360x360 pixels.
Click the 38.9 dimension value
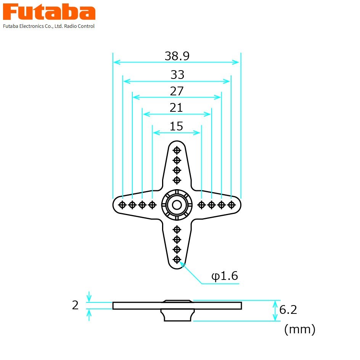pyautogui.click(x=177, y=56)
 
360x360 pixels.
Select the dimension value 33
pyautogui.click(x=177, y=75)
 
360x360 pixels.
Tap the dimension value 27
pyautogui.click(x=177, y=92)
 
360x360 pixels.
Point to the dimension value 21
pyautogui.click(x=176, y=108)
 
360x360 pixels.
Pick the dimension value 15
pyautogui.click(x=176, y=126)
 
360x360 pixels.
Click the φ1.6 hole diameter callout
pyautogui.click(x=225, y=276)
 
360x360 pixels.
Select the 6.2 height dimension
pyautogui.click(x=288, y=310)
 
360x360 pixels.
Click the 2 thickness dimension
pyautogui.click(x=75, y=305)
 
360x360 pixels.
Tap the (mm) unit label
pyautogui.click(x=300, y=329)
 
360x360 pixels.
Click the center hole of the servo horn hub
pyautogui.click(x=177, y=205)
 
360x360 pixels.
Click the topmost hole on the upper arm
pyautogui.click(x=177, y=150)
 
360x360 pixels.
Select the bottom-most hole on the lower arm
pyautogui.click(x=177, y=259)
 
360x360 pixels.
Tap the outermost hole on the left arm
pyautogui.click(x=122, y=205)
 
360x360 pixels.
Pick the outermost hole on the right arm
pyautogui.click(x=231, y=205)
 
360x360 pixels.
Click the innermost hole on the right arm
pyautogui.click(x=202, y=205)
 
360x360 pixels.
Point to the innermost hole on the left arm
pyautogui.click(x=152, y=205)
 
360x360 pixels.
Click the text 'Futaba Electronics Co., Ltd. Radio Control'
pyautogui.click(x=49, y=26)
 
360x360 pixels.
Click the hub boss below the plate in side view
pyautogui.click(x=177, y=315)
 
